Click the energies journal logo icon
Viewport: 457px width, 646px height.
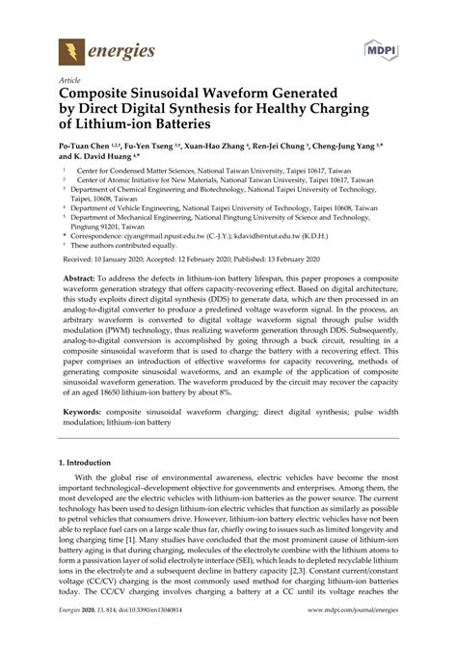(x=71, y=50)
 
